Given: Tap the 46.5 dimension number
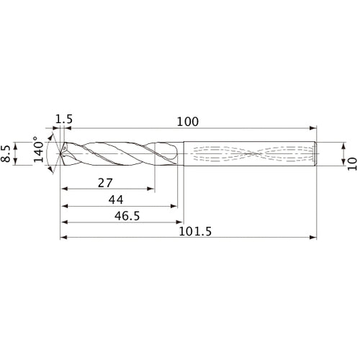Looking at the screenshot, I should point(119,215).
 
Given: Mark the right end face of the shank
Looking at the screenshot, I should point(318,153).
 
